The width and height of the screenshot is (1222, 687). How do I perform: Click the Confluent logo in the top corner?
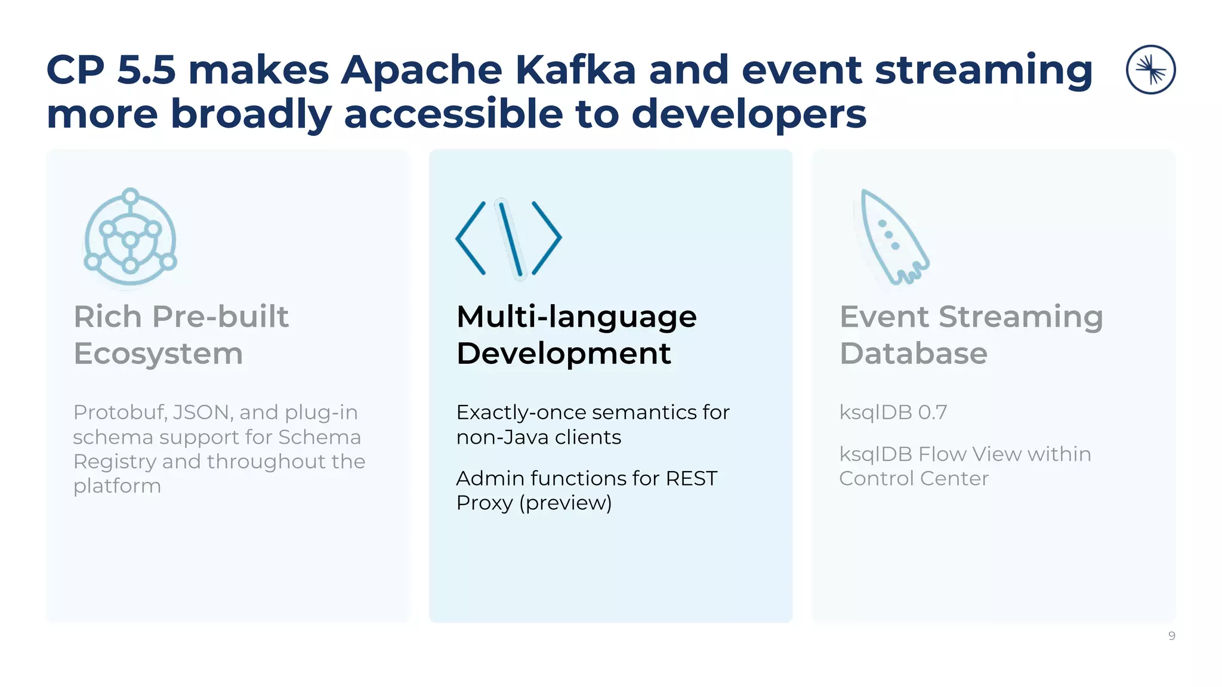click(1150, 70)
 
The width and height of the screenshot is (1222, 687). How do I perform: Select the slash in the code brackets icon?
click(511, 239)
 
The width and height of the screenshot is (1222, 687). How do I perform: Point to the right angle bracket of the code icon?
click(547, 238)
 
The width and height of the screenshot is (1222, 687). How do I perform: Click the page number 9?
click(1171, 636)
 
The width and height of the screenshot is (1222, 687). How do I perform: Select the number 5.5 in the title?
click(146, 70)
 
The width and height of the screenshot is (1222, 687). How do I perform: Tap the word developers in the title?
click(748, 114)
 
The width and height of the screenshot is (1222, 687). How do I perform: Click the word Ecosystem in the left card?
click(158, 354)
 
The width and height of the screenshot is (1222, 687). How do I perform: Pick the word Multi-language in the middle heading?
click(576, 317)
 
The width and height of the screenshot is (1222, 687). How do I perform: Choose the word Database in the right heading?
click(913, 353)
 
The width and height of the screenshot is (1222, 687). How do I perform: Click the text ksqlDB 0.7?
click(893, 412)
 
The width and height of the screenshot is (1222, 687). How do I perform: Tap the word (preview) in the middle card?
click(565, 503)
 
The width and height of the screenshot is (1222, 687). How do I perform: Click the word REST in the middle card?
click(691, 478)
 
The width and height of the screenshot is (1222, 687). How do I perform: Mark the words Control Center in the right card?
click(913, 478)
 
